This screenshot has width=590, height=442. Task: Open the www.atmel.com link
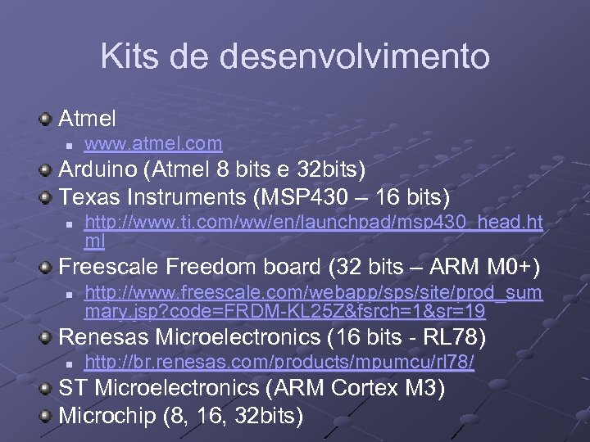[x=153, y=144]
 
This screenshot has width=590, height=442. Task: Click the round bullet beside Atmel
[x=48, y=120]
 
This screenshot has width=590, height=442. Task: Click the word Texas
[x=88, y=196]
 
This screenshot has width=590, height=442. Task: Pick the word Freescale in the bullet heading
[x=110, y=268]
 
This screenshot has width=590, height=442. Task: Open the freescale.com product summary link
[x=313, y=300]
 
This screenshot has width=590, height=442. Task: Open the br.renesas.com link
[x=279, y=362]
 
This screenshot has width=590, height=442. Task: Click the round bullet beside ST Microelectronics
[x=48, y=388]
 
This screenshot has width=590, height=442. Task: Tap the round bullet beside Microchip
[x=48, y=414]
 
